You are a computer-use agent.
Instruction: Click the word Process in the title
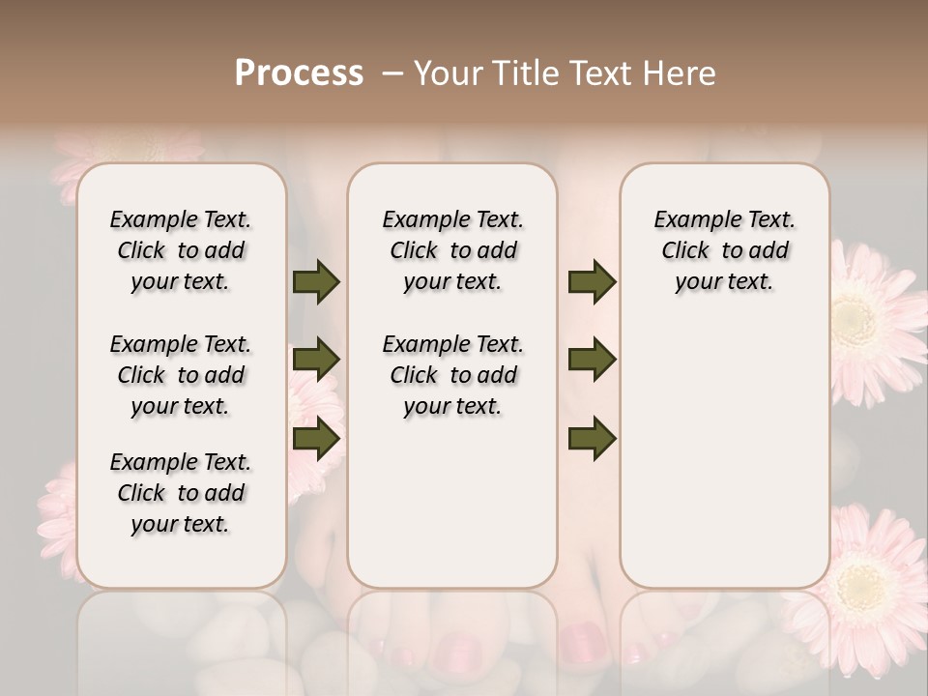click(299, 72)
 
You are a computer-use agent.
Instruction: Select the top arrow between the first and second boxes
click(316, 281)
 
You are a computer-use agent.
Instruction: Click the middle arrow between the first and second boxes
click(316, 360)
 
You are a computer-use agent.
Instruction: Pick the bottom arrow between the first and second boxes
click(316, 438)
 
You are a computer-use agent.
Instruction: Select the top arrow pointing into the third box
click(592, 281)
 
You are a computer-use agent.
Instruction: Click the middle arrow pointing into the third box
click(592, 360)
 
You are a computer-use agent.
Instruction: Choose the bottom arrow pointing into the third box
click(592, 438)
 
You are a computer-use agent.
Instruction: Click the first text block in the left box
click(181, 250)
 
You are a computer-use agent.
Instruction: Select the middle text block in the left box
click(181, 375)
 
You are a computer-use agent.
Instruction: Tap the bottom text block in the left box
click(181, 493)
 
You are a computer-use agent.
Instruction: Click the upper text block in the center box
click(452, 250)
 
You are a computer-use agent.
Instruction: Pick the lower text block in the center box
click(452, 375)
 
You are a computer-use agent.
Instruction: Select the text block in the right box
click(724, 250)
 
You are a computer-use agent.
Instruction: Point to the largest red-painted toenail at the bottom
click(582, 641)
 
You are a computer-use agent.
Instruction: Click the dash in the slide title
click(392, 73)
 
